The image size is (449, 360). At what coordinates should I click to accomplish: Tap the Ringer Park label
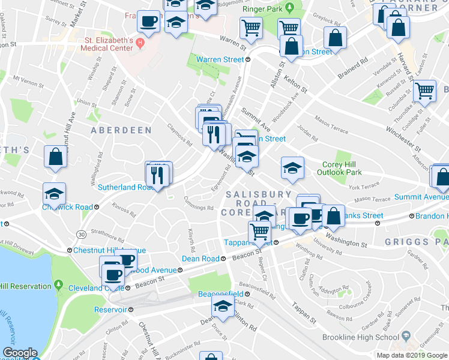[262, 9]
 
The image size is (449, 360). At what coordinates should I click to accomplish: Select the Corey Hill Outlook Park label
[342, 168]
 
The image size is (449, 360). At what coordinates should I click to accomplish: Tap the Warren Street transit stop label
[221, 59]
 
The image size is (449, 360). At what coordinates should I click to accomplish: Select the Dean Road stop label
[200, 259]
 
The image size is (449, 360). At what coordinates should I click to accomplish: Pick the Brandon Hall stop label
[429, 216]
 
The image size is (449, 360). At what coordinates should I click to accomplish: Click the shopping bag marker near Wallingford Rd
[55, 157]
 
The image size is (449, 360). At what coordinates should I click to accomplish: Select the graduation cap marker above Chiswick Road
[54, 194]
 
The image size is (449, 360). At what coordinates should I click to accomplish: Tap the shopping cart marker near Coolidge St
[424, 91]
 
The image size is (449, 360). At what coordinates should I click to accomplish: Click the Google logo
[19, 353]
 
